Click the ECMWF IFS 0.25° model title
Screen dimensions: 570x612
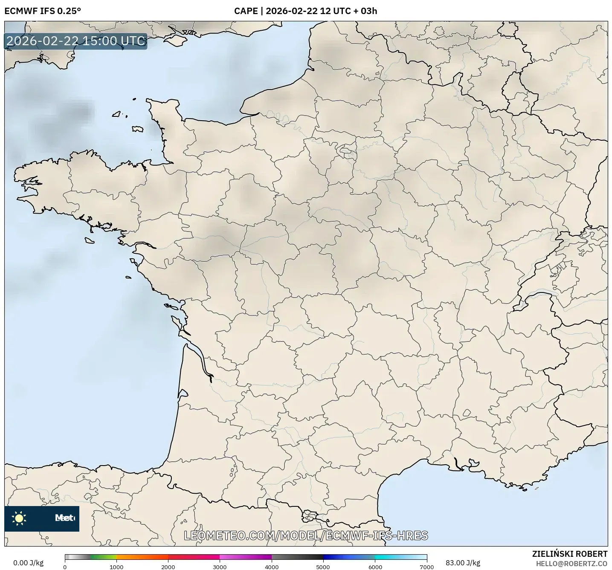click(x=42, y=11)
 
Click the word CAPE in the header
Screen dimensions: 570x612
click(x=246, y=11)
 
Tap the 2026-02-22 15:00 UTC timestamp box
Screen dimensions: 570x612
click(x=76, y=41)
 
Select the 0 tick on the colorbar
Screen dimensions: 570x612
click(x=65, y=567)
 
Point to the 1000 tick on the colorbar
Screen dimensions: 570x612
click(x=116, y=567)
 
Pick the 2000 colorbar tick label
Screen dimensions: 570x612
click(x=168, y=567)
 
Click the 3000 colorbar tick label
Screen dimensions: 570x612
click(x=220, y=567)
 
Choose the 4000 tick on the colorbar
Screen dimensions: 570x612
click(x=272, y=567)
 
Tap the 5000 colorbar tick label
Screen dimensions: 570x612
click(x=323, y=567)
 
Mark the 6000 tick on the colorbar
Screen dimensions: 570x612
click(x=375, y=567)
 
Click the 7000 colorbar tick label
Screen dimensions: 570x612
click(x=426, y=567)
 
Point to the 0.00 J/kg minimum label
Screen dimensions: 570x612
click(x=28, y=563)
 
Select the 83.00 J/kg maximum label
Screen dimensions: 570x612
click(x=463, y=563)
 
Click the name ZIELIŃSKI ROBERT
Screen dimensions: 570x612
click(x=570, y=554)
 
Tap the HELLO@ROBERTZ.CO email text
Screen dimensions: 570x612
click(x=571, y=564)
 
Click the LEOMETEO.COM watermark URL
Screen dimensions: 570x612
click(x=306, y=535)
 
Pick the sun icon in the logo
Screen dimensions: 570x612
click(x=19, y=518)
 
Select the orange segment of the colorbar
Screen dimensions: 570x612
click(x=142, y=557)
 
